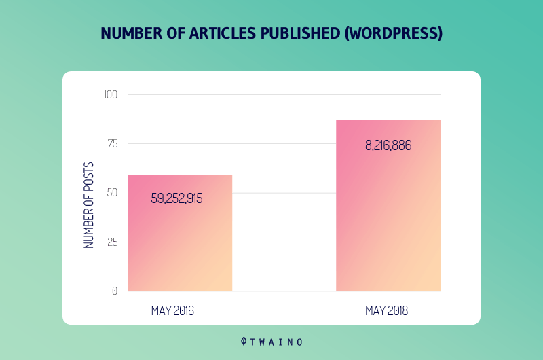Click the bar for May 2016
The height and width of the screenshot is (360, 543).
pos(180,245)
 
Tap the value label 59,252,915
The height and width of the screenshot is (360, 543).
pos(176,199)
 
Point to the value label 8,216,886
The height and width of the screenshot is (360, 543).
pos(388,145)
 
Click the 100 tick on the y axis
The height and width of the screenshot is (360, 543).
pos(111,94)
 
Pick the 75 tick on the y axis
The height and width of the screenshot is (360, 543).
pos(112,143)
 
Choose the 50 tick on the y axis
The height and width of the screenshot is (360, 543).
pos(112,193)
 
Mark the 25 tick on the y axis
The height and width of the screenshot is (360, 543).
pos(112,242)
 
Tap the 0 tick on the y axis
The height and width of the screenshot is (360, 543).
pos(115,291)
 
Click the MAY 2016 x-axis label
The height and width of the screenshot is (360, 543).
pos(173,311)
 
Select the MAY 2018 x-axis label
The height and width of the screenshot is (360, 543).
pos(387,311)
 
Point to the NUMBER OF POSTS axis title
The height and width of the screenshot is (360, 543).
pos(89,205)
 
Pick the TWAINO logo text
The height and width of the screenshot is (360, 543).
pos(278,342)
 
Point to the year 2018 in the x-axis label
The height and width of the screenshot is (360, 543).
pos(398,311)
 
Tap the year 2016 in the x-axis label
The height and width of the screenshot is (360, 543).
pos(184,311)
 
